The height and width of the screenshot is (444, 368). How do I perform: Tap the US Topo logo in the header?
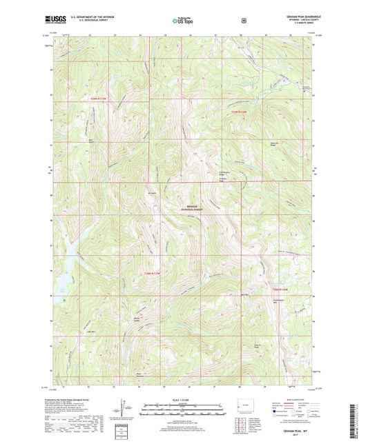coord(183,21)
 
